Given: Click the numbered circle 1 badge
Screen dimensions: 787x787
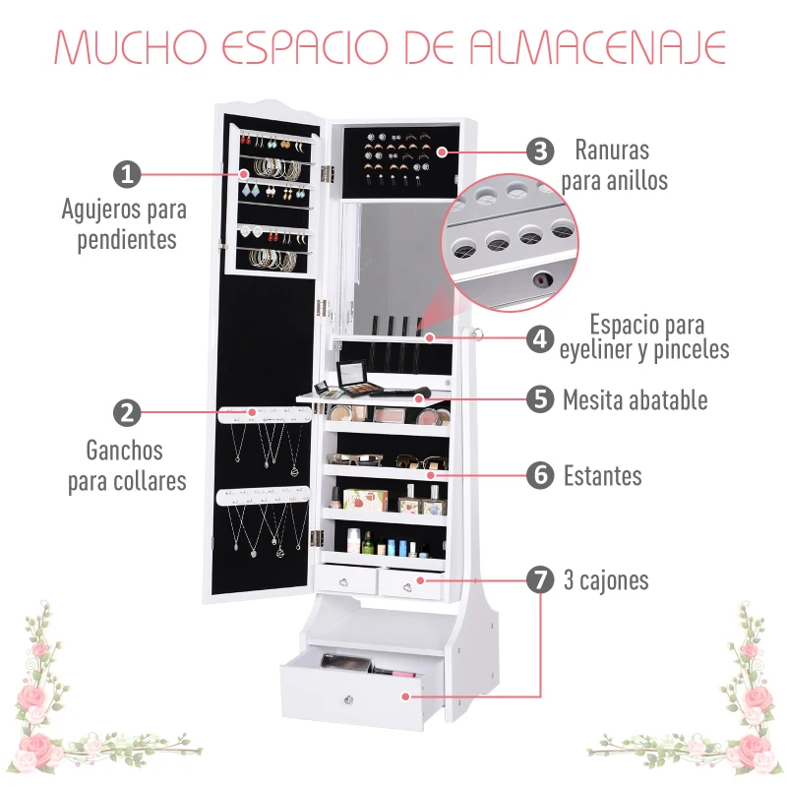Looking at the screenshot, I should pyautogui.click(x=127, y=174).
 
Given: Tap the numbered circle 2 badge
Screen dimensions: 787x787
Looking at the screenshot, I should pyautogui.click(x=127, y=413).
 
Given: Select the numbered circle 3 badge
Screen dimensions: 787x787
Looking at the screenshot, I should pyautogui.click(x=539, y=151).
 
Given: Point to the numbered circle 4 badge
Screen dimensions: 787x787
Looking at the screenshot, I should pyautogui.click(x=539, y=338).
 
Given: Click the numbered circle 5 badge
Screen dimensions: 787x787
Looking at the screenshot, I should pyautogui.click(x=539, y=398).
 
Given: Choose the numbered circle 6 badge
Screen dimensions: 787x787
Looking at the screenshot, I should pyautogui.click(x=539, y=475).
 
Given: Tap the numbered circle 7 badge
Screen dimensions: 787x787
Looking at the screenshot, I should pyautogui.click(x=539, y=579).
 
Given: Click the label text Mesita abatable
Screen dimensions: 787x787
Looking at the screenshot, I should pyautogui.click(x=635, y=399).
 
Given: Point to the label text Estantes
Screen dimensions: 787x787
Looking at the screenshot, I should pyautogui.click(x=602, y=476).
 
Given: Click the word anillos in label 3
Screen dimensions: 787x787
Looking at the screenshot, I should pyautogui.click(x=631, y=180).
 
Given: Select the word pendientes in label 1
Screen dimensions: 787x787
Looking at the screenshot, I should pyautogui.click(x=127, y=239).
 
